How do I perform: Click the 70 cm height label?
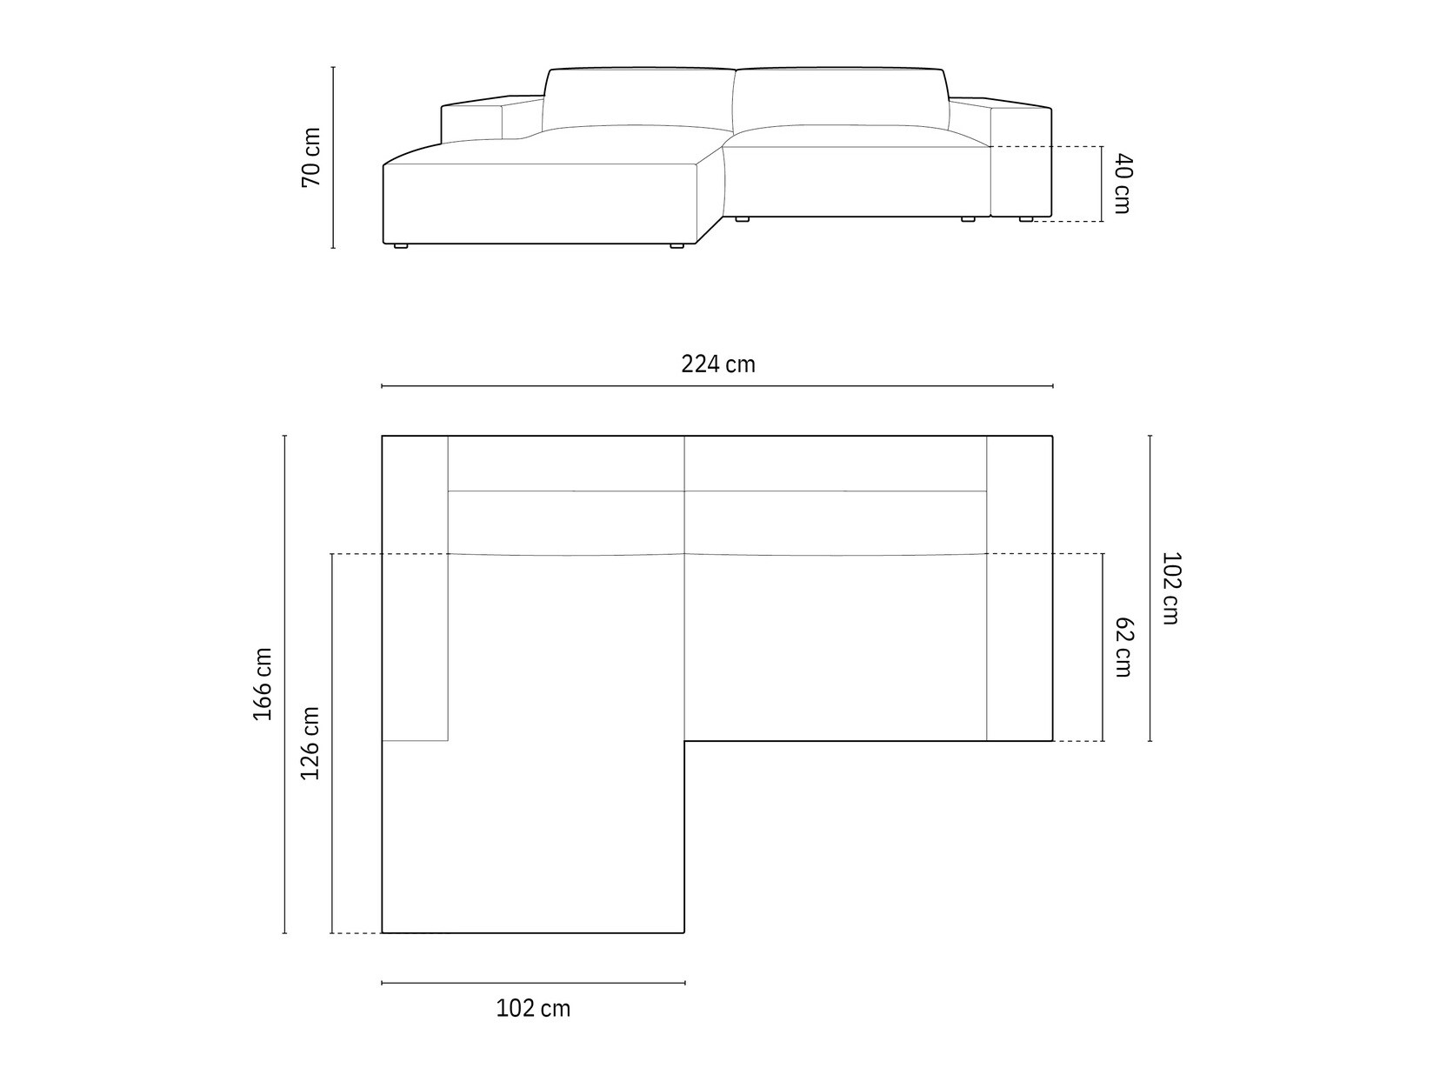tap(310, 157)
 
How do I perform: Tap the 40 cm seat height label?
tap(1123, 184)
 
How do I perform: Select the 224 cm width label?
tap(718, 364)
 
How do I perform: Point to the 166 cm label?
tap(263, 684)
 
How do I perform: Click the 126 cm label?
tap(310, 743)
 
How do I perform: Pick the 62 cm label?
tap(1123, 647)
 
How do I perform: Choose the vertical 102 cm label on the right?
tap(1170, 588)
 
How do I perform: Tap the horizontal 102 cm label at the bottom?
tap(533, 1008)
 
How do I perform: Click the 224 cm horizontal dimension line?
tap(718, 385)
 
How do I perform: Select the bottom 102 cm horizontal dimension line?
tap(533, 983)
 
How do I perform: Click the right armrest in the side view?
tap(1021, 161)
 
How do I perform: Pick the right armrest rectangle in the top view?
tap(1019, 588)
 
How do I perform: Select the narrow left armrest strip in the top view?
tap(415, 588)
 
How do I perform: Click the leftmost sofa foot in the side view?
tap(400, 246)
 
